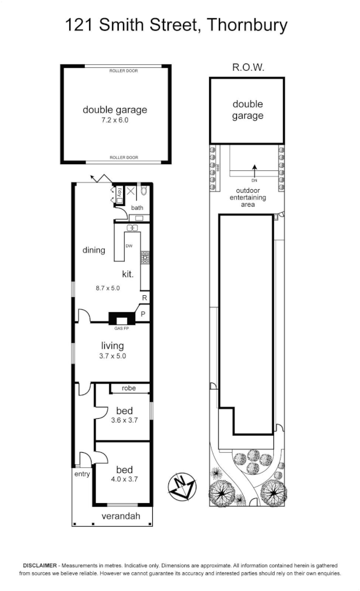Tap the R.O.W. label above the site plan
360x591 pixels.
click(247, 68)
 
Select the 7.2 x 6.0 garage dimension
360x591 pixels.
click(115, 120)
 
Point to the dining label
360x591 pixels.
click(94, 250)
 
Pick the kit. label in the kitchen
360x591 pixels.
click(127, 273)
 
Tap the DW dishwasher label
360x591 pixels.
click(128, 246)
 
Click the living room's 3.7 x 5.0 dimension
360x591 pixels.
click(113, 356)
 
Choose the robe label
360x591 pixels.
click(128, 388)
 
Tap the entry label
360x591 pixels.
click(81, 474)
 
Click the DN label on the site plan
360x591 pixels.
click(254, 180)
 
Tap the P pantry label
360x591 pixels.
click(144, 314)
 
